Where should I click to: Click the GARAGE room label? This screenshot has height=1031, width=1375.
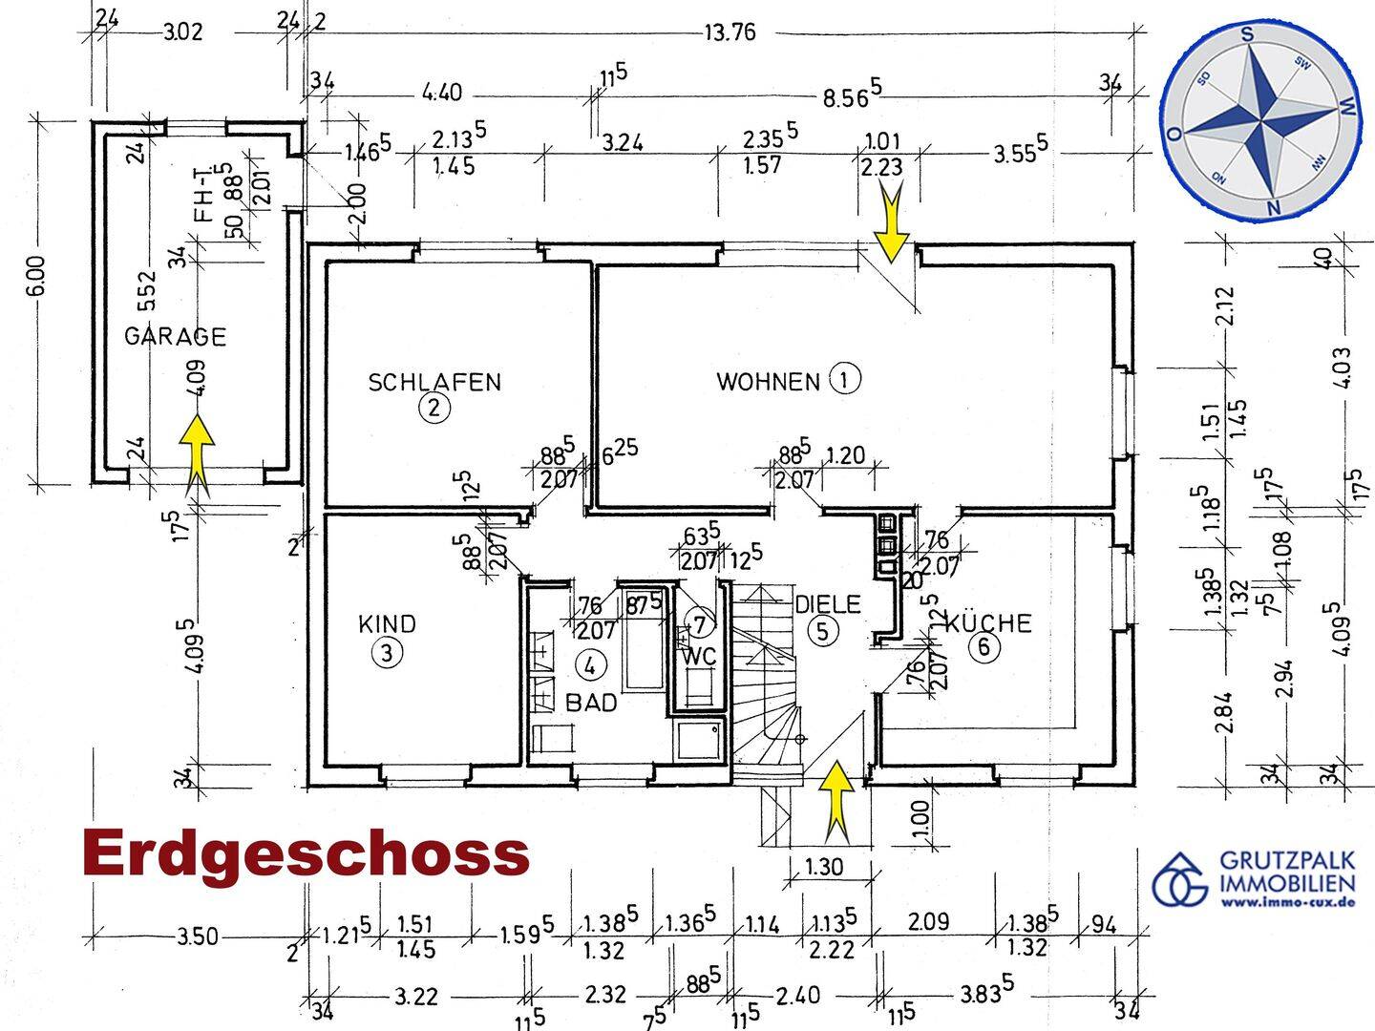175,336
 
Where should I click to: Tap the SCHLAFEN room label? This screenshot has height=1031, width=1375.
434,382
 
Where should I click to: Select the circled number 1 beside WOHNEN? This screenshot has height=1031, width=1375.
845,379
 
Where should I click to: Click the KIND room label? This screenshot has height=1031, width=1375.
387,624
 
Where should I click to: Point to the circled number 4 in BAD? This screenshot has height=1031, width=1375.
589,666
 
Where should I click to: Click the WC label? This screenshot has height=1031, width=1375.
699,657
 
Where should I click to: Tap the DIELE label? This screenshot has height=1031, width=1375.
828,604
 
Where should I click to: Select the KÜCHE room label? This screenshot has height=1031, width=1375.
988,622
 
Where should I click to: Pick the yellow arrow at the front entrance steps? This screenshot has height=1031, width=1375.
836,802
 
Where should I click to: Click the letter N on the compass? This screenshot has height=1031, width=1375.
1272,208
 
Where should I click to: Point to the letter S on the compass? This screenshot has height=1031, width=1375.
1247,35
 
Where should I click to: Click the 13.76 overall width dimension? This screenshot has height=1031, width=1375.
730,32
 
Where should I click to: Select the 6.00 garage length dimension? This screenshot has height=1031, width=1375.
38,276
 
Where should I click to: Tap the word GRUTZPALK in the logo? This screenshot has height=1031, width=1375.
1287,860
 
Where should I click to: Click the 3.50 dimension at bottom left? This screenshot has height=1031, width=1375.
198,937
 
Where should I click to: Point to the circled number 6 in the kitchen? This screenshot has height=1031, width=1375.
984,646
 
